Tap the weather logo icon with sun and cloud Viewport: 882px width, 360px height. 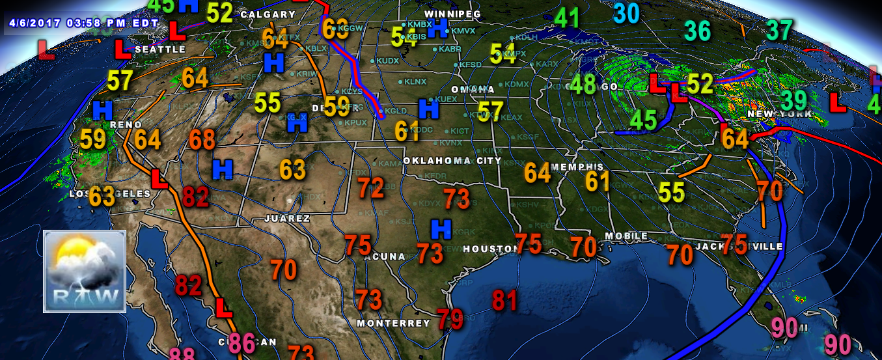85,271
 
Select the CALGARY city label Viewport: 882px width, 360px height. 268,14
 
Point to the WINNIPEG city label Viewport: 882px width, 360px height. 452,14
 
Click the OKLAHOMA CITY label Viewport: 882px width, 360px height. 452,161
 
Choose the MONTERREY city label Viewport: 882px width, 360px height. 393,323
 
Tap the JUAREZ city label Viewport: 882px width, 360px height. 287,219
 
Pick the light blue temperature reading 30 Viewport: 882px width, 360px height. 627,13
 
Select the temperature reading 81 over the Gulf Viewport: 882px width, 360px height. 504,301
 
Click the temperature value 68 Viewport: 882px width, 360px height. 202,139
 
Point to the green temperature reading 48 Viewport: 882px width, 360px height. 583,85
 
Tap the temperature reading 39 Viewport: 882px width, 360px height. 793,100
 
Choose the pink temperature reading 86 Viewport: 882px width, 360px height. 242,342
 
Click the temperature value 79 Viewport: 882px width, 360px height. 450,320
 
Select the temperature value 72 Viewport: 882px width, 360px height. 371,189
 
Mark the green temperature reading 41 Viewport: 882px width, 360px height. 567,18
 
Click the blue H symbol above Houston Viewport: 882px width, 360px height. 441,228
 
